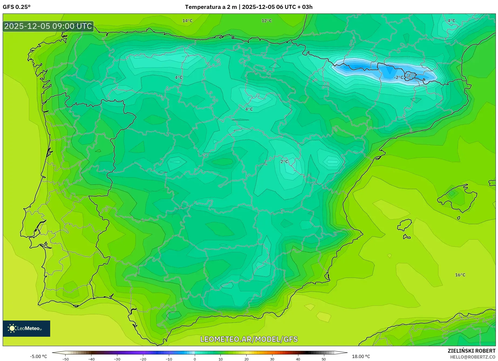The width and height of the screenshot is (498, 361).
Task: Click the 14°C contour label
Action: pyautogui.click(x=187, y=21)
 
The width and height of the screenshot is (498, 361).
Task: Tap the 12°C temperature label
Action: pyautogui.click(x=267, y=21)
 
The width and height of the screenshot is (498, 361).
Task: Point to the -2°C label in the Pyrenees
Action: pyautogui.click(x=398, y=77)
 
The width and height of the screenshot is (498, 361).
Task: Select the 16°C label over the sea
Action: pyautogui.click(x=460, y=275)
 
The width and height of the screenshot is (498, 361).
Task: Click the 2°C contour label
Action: pyautogui.click(x=284, y=162)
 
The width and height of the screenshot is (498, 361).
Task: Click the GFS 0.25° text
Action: pyautogui.click(x=17, y=7)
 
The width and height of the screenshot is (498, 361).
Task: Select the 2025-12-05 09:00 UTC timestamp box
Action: pyautogui.click(x=48, y=26)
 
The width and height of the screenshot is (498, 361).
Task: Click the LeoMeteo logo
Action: pyautogui.click(x=26, y=328)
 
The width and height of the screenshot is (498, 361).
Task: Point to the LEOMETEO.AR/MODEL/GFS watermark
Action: pyautogui.click(x=249, y=339)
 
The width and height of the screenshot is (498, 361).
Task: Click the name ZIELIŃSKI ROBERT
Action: pyautogui.click(x=471, y=351)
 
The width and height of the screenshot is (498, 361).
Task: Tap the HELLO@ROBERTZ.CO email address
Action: pyautogui.click(x=472, y=357)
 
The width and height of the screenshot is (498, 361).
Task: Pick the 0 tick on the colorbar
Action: pyautogui.click(x=195, y=359)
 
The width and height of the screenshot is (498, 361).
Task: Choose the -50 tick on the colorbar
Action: pyautogui.click(x=66, y=359)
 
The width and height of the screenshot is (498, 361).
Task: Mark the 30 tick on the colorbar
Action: pyautogui.click(x=272, y=359)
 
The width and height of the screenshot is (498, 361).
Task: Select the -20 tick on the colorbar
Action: pyautogui.click(x=143, y=359)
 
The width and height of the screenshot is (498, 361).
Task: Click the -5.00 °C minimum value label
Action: pyautogui.click(x=39, y=356)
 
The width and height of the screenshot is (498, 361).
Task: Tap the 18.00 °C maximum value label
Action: pyautogui.click(x=361, y=356)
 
